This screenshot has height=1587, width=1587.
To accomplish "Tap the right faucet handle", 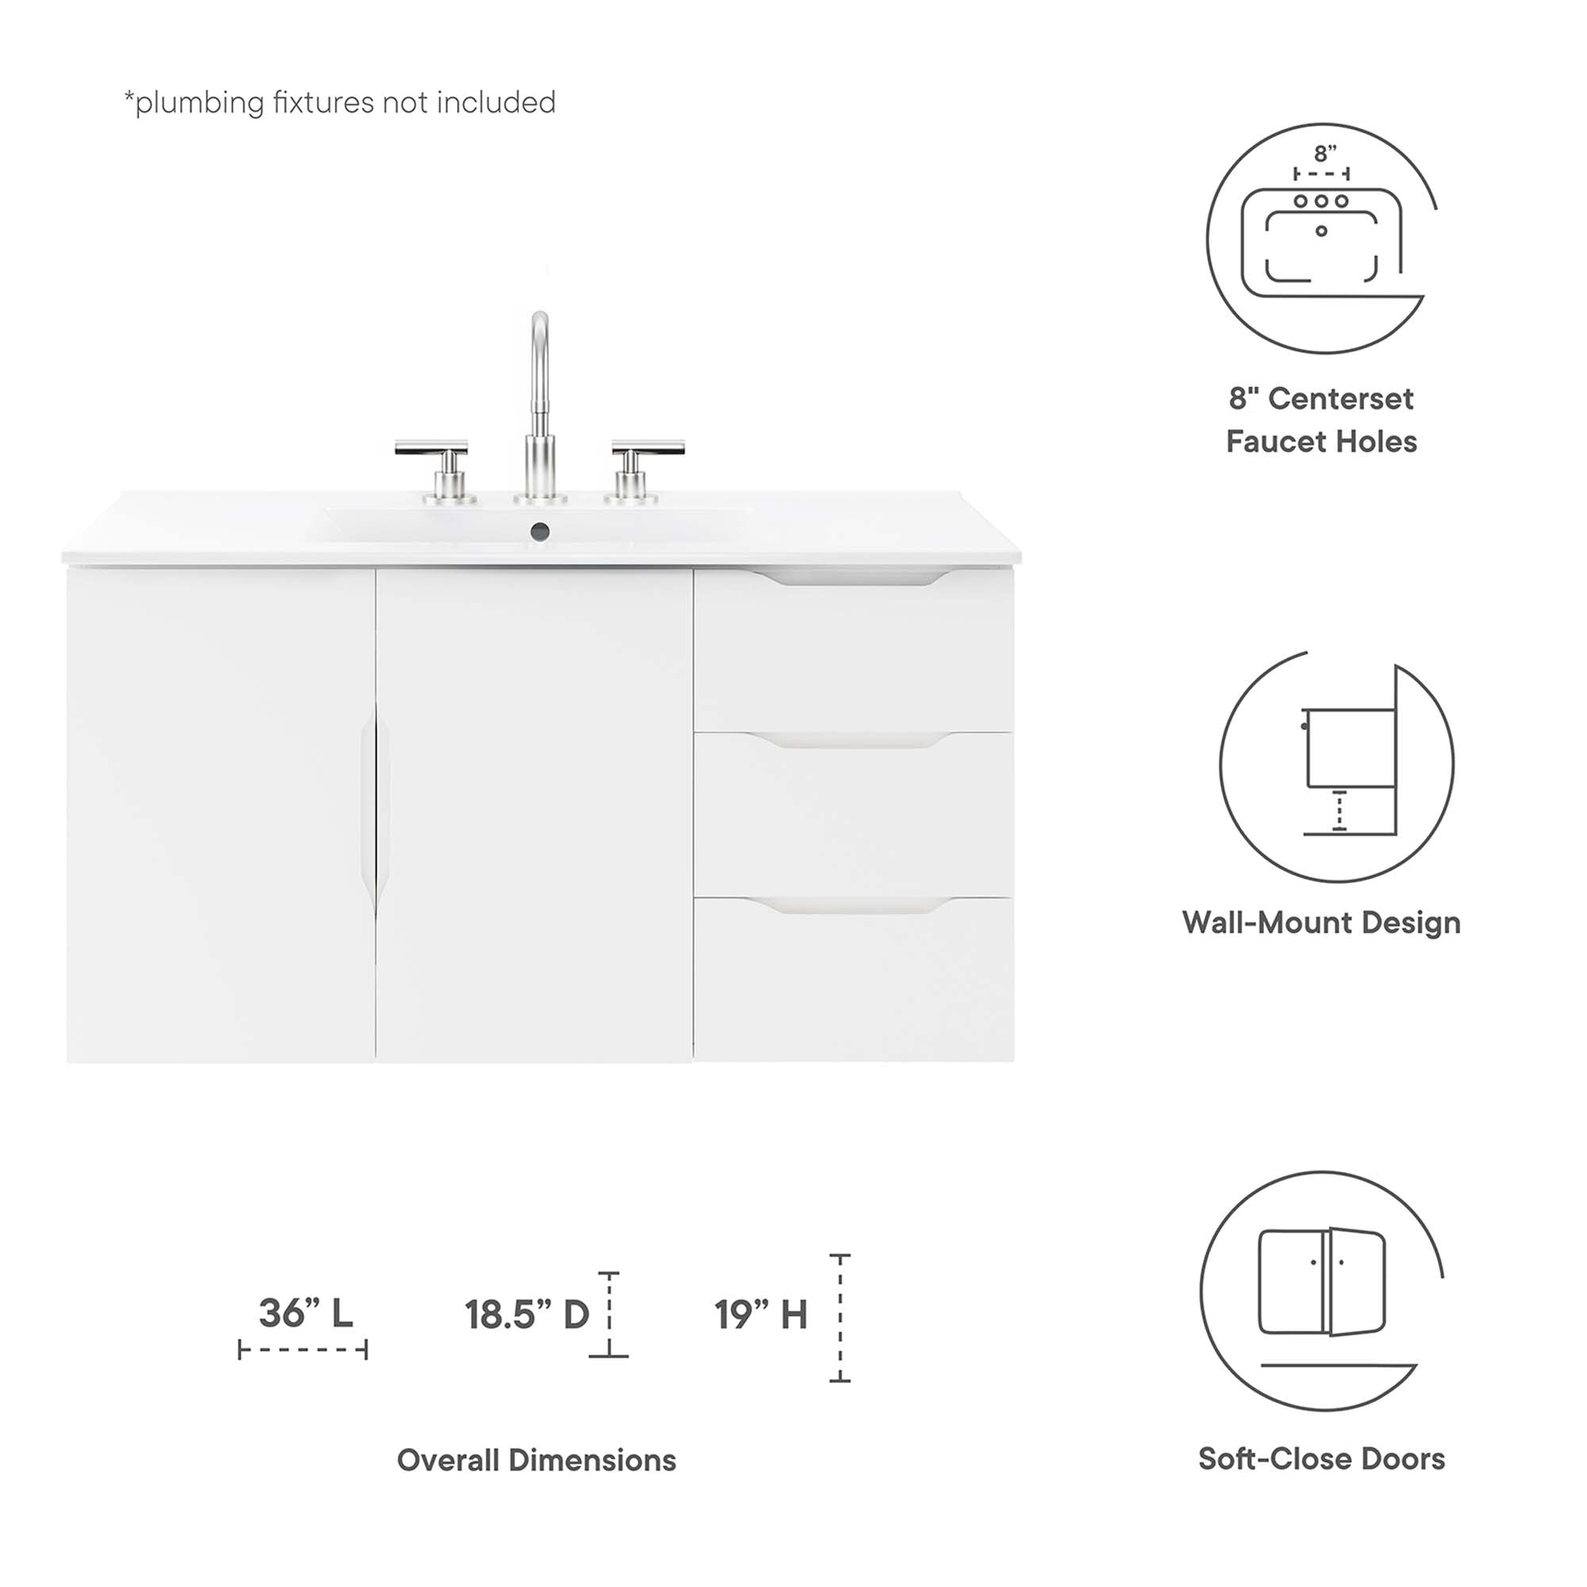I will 647,448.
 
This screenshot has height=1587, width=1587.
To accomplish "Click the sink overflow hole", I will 540,532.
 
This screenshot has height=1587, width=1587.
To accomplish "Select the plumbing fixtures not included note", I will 340,102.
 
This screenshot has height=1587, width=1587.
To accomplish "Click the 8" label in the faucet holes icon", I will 1324,154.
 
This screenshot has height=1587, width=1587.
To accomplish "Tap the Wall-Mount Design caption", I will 1321,923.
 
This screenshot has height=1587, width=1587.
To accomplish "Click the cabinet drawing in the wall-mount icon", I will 1351,747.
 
